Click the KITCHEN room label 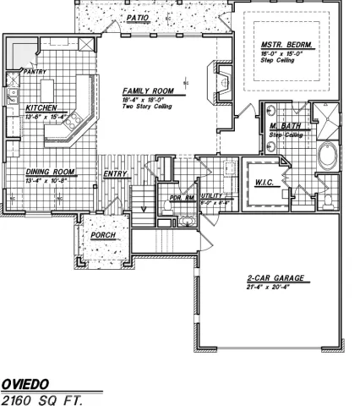(x=41, y=108)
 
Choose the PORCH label (x=103, y=234)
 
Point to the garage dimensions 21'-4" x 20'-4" (x=268, y=288)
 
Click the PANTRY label (x=35, y=72)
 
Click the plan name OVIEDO (x=26, y=383)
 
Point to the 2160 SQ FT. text (x=43, y=398)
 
